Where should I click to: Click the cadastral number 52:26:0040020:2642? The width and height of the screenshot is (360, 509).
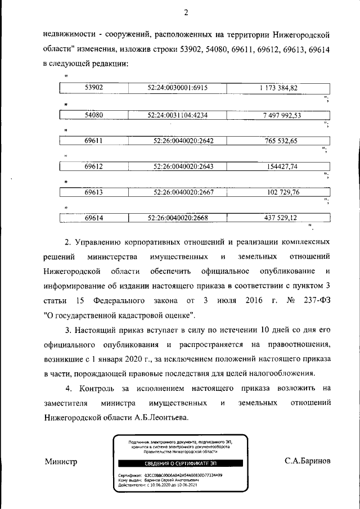(183, 141)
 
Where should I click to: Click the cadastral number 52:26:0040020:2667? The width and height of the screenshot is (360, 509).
(183, 192)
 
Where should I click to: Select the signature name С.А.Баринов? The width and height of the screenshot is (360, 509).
(308, 461)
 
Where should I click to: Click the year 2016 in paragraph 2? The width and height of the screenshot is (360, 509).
(255, 300)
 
